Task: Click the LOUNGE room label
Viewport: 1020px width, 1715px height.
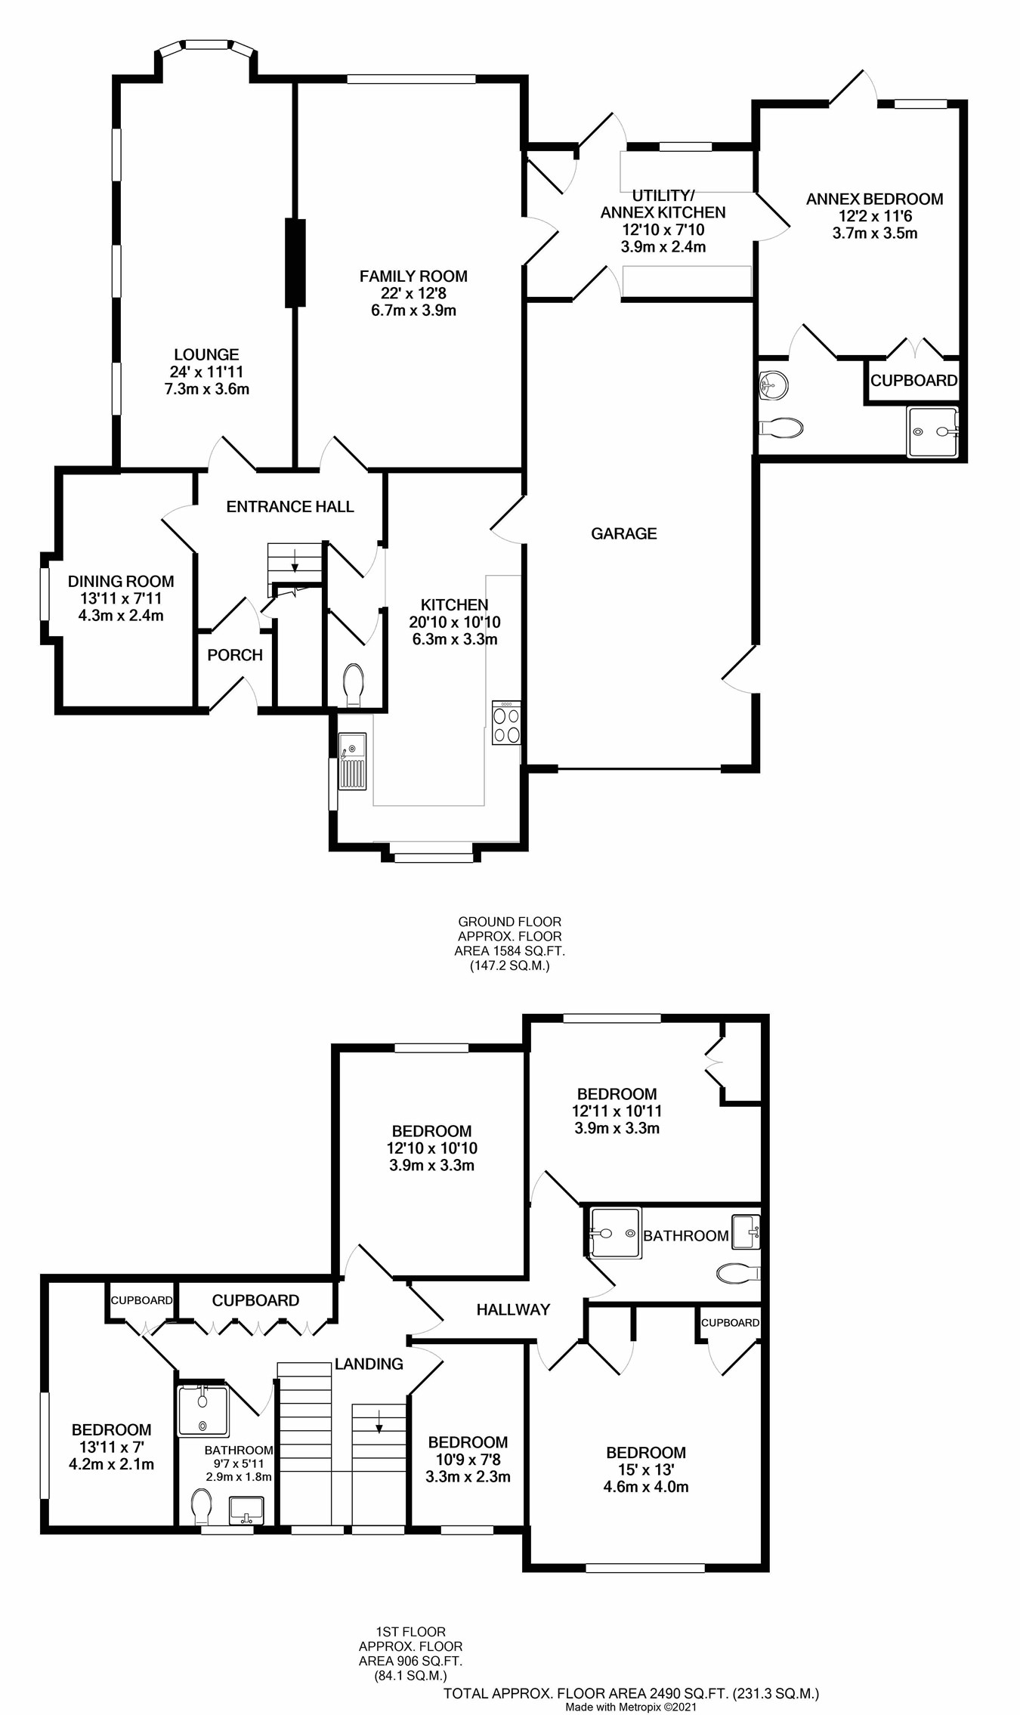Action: click(x=206, y=354)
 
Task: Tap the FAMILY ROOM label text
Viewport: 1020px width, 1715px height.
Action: click(x=413, y=277)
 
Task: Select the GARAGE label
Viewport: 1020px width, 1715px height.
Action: click(x=623, y=534)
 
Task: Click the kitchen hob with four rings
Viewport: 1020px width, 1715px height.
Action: click(x=506, y=724)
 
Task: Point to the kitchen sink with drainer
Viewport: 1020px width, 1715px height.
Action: click(x=352, y=762)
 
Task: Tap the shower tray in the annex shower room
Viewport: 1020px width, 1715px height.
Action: click(x=933, y=432)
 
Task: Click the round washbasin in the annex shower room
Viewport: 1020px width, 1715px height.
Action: click(x=773, y=385)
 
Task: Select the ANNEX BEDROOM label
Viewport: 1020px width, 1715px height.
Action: click(x=874, y=199)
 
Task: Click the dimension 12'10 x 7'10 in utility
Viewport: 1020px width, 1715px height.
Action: click(x=663, y=230)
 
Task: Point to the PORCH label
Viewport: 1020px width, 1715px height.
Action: click(x=235, y=655)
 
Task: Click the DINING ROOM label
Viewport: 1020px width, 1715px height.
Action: click(x=121, y=581)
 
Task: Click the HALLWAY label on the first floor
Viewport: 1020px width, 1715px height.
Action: click(x=513, y=1309)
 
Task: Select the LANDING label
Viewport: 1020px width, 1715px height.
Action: click(x=369, y=1364)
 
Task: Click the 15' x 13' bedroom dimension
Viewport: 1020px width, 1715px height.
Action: click(x=645, y=1469)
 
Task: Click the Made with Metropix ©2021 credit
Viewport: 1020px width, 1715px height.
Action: click(x=631, y=1707)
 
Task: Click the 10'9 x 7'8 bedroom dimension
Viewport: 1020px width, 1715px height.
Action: click(x=467, y=1460)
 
